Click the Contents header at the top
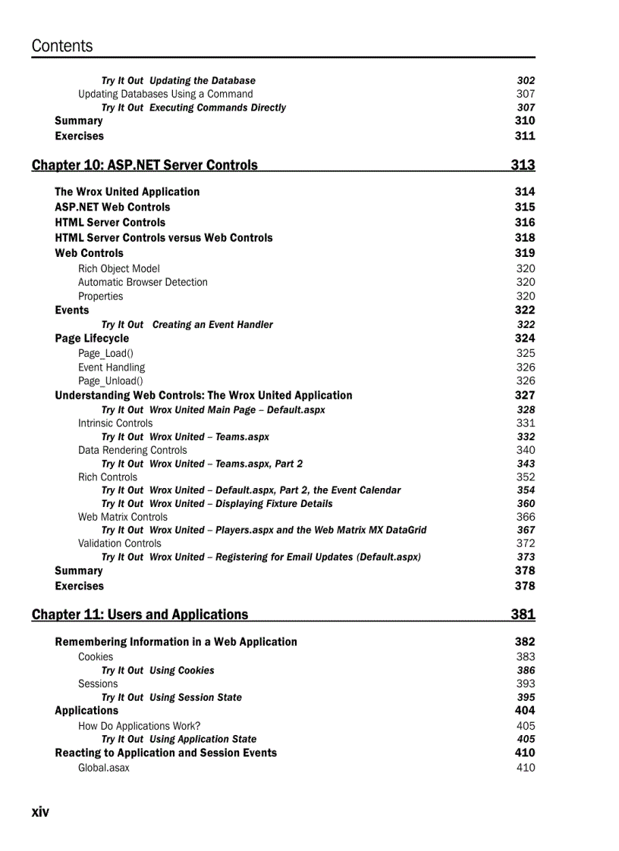62,46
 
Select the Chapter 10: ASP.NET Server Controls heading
145,165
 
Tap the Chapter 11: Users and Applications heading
140,615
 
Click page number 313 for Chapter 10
523,165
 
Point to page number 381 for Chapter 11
523,615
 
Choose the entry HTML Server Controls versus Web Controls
163,238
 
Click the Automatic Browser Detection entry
143,283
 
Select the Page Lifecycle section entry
92,339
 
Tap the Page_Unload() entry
110,381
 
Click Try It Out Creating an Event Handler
187,325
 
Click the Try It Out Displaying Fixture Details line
217,504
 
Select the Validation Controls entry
120,543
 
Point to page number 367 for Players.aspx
526,530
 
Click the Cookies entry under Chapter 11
96,657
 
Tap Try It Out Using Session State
171,698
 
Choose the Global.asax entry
104,768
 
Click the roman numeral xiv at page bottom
40,812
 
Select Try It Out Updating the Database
178,81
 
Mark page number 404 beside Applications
524,711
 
